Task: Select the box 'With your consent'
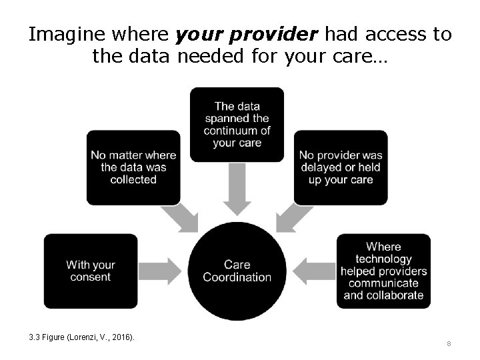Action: [91, 271]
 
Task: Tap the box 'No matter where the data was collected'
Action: [133, 167]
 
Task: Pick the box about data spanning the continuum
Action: [237, 125]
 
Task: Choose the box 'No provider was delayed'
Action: [341, 167]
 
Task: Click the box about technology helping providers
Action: [383, 271]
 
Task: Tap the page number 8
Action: [449, 344]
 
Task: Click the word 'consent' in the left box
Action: [91, 277]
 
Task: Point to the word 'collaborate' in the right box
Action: [383, 295]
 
